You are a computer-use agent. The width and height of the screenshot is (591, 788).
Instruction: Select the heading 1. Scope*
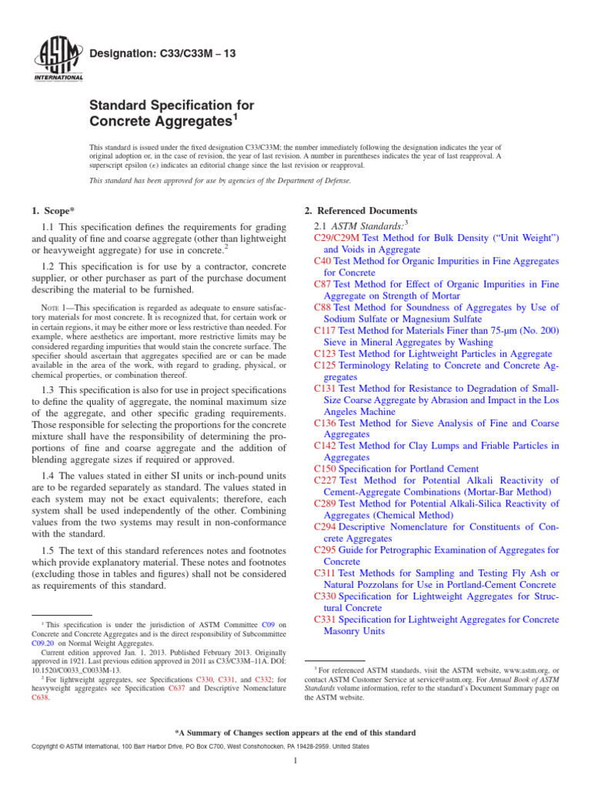pyautogui.click(x=55, y=211)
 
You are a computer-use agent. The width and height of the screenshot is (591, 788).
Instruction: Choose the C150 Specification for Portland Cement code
pyautogui.click(x=326, y=468)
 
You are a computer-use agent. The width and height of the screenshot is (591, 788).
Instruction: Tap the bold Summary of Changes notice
pyautogui.click(x=295, y=733)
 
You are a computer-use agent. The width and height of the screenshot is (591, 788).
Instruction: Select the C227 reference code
pyautogui.click(x=326, y=480)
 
